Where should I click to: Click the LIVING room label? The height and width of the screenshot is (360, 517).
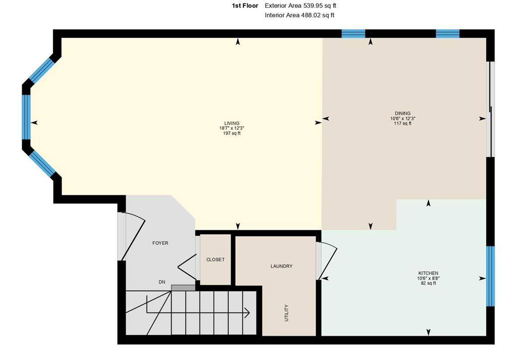tap(232, 123)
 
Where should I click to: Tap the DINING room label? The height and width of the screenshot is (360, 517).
tap(402, 114)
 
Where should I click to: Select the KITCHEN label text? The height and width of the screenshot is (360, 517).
tap(428, 273)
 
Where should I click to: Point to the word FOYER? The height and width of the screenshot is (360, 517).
tap(160, 243)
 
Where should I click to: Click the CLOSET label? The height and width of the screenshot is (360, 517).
tap(215, 260)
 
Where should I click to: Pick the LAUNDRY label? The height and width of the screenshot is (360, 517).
tap(282, 266)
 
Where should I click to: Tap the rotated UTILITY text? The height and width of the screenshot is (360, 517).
tap(287, 313)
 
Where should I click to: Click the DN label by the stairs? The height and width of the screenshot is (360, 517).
tap(162, 282)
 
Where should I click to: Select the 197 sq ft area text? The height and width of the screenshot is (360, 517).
tap(232, 133)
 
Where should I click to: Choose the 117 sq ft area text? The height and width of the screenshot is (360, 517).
tap(402, 124)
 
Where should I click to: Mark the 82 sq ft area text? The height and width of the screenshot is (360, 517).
tap(428, 283)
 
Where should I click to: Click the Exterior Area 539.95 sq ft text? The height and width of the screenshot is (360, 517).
tap(300, 6)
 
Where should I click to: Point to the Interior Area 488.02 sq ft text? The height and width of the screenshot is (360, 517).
tap(299, 15)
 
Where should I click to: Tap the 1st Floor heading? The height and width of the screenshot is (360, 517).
tap(245, 6)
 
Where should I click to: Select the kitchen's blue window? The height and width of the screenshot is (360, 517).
tap(491, 276)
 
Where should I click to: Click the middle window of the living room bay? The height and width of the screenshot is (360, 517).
tap(26, 117)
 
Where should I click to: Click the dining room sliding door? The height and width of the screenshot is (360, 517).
tap(491, 110)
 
